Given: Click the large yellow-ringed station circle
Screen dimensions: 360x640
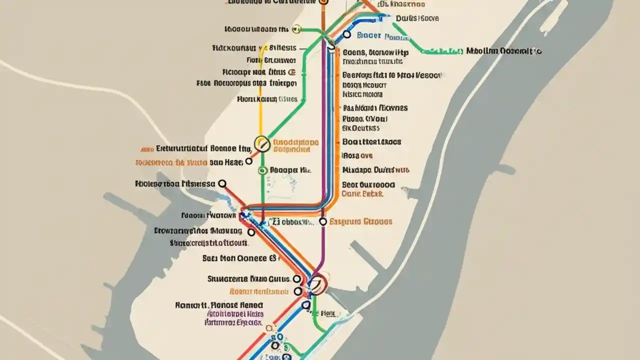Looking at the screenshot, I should pos(262,144).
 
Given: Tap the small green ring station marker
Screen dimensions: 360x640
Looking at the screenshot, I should pos(261,170).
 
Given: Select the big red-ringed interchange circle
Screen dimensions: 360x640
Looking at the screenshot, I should pos(317,283).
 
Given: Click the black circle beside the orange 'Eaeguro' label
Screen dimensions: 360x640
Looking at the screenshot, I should pos(323,221).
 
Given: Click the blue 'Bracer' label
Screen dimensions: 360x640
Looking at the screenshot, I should pos(369,35).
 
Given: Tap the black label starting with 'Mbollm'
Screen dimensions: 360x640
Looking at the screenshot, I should pos(503,51).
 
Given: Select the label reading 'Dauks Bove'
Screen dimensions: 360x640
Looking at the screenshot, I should pos(417,18).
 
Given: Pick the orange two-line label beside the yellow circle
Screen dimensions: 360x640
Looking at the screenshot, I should pos(292,145).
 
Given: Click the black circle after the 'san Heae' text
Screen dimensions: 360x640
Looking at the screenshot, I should pos(248,161).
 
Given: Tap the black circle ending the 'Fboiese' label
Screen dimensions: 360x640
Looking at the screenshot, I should pos(222,184).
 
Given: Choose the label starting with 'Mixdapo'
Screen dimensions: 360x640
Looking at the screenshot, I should pos(375,169).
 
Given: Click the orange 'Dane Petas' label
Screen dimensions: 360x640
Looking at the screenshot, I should pos(362,193).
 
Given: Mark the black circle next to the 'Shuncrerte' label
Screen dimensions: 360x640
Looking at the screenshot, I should pos(297,279).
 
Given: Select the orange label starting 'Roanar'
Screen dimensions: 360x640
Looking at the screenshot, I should pos(258,291).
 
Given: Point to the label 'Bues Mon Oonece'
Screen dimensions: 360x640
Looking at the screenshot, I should pos(239,258).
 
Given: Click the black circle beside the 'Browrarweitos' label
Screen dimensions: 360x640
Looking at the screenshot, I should pos(251,232).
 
